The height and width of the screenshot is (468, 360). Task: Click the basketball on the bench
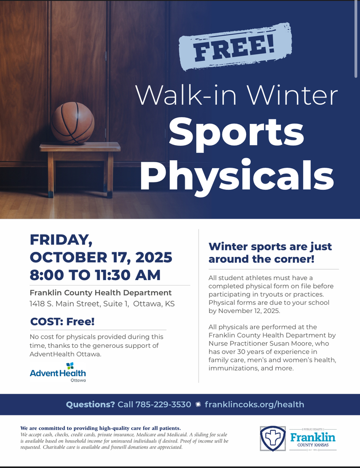[x=73, y=123]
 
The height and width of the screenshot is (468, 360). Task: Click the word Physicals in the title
[x=237, y=175]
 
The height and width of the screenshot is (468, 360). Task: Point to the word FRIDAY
[x=61, y=239]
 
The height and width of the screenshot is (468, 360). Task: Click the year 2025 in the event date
[x=154, y=257]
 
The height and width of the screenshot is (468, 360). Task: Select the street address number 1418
[x=37, y=304]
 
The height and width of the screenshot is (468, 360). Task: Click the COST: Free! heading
[x=63, y=321]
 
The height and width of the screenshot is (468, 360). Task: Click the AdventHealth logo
[x=58, y=372]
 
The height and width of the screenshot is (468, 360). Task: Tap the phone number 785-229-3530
[x=163, y=404]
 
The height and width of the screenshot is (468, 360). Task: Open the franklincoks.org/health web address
[x=254, y=404]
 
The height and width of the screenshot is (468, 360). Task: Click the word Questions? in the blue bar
[x=90, y=404]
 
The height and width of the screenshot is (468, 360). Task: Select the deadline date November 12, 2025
[x=249, y=311]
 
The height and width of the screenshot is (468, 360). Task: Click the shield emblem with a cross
[x=273, y=438]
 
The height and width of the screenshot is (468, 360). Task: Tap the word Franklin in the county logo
[x=313, y=437]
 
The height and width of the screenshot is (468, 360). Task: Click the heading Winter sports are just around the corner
[x=270, y=253]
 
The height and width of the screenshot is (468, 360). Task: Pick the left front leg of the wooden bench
[x=50, y=175]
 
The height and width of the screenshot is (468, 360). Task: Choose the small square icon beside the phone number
[x=198, y=404]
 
